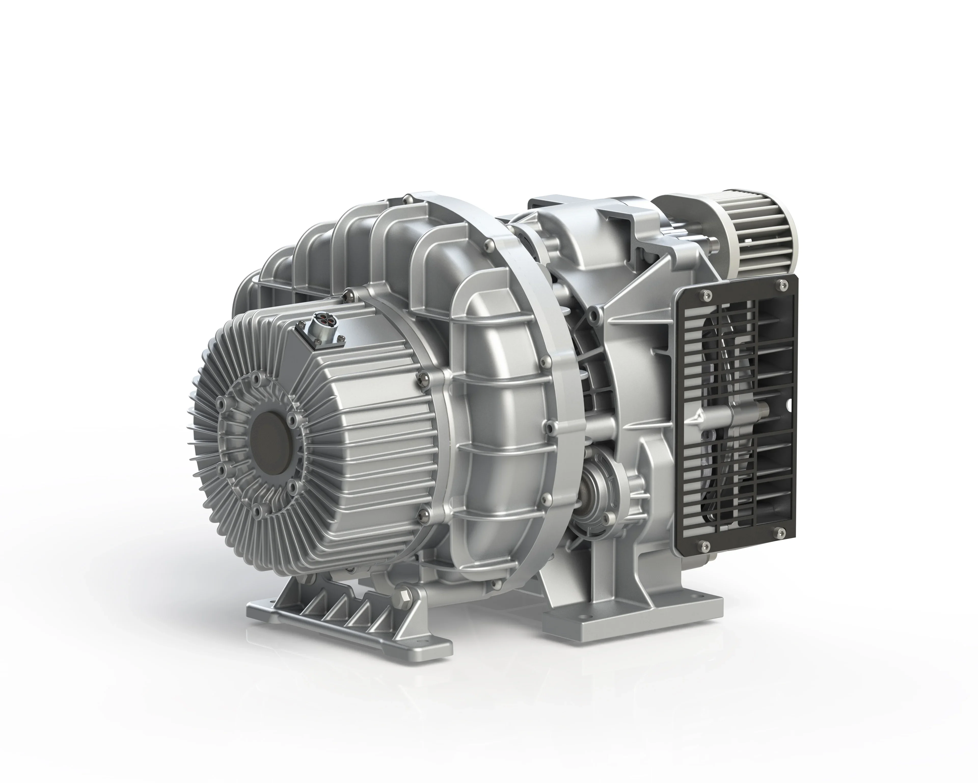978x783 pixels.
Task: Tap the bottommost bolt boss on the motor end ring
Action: coord(258,507)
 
